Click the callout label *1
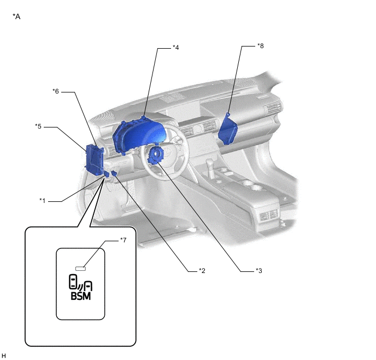click(x=42, y=200)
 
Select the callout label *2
click(x=202, y=270)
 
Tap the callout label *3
click(x=258, y=270)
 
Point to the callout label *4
click(x=175, y=48)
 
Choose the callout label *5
click(x=38, y=126)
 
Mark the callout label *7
click(x=123, y=240)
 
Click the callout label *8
click(x=260, y=46)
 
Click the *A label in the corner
click(x=16, y=16)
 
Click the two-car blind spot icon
click(x=80, y=282)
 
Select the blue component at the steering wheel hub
click(x=155, y=154)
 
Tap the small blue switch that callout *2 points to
click(x=115, y=173)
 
